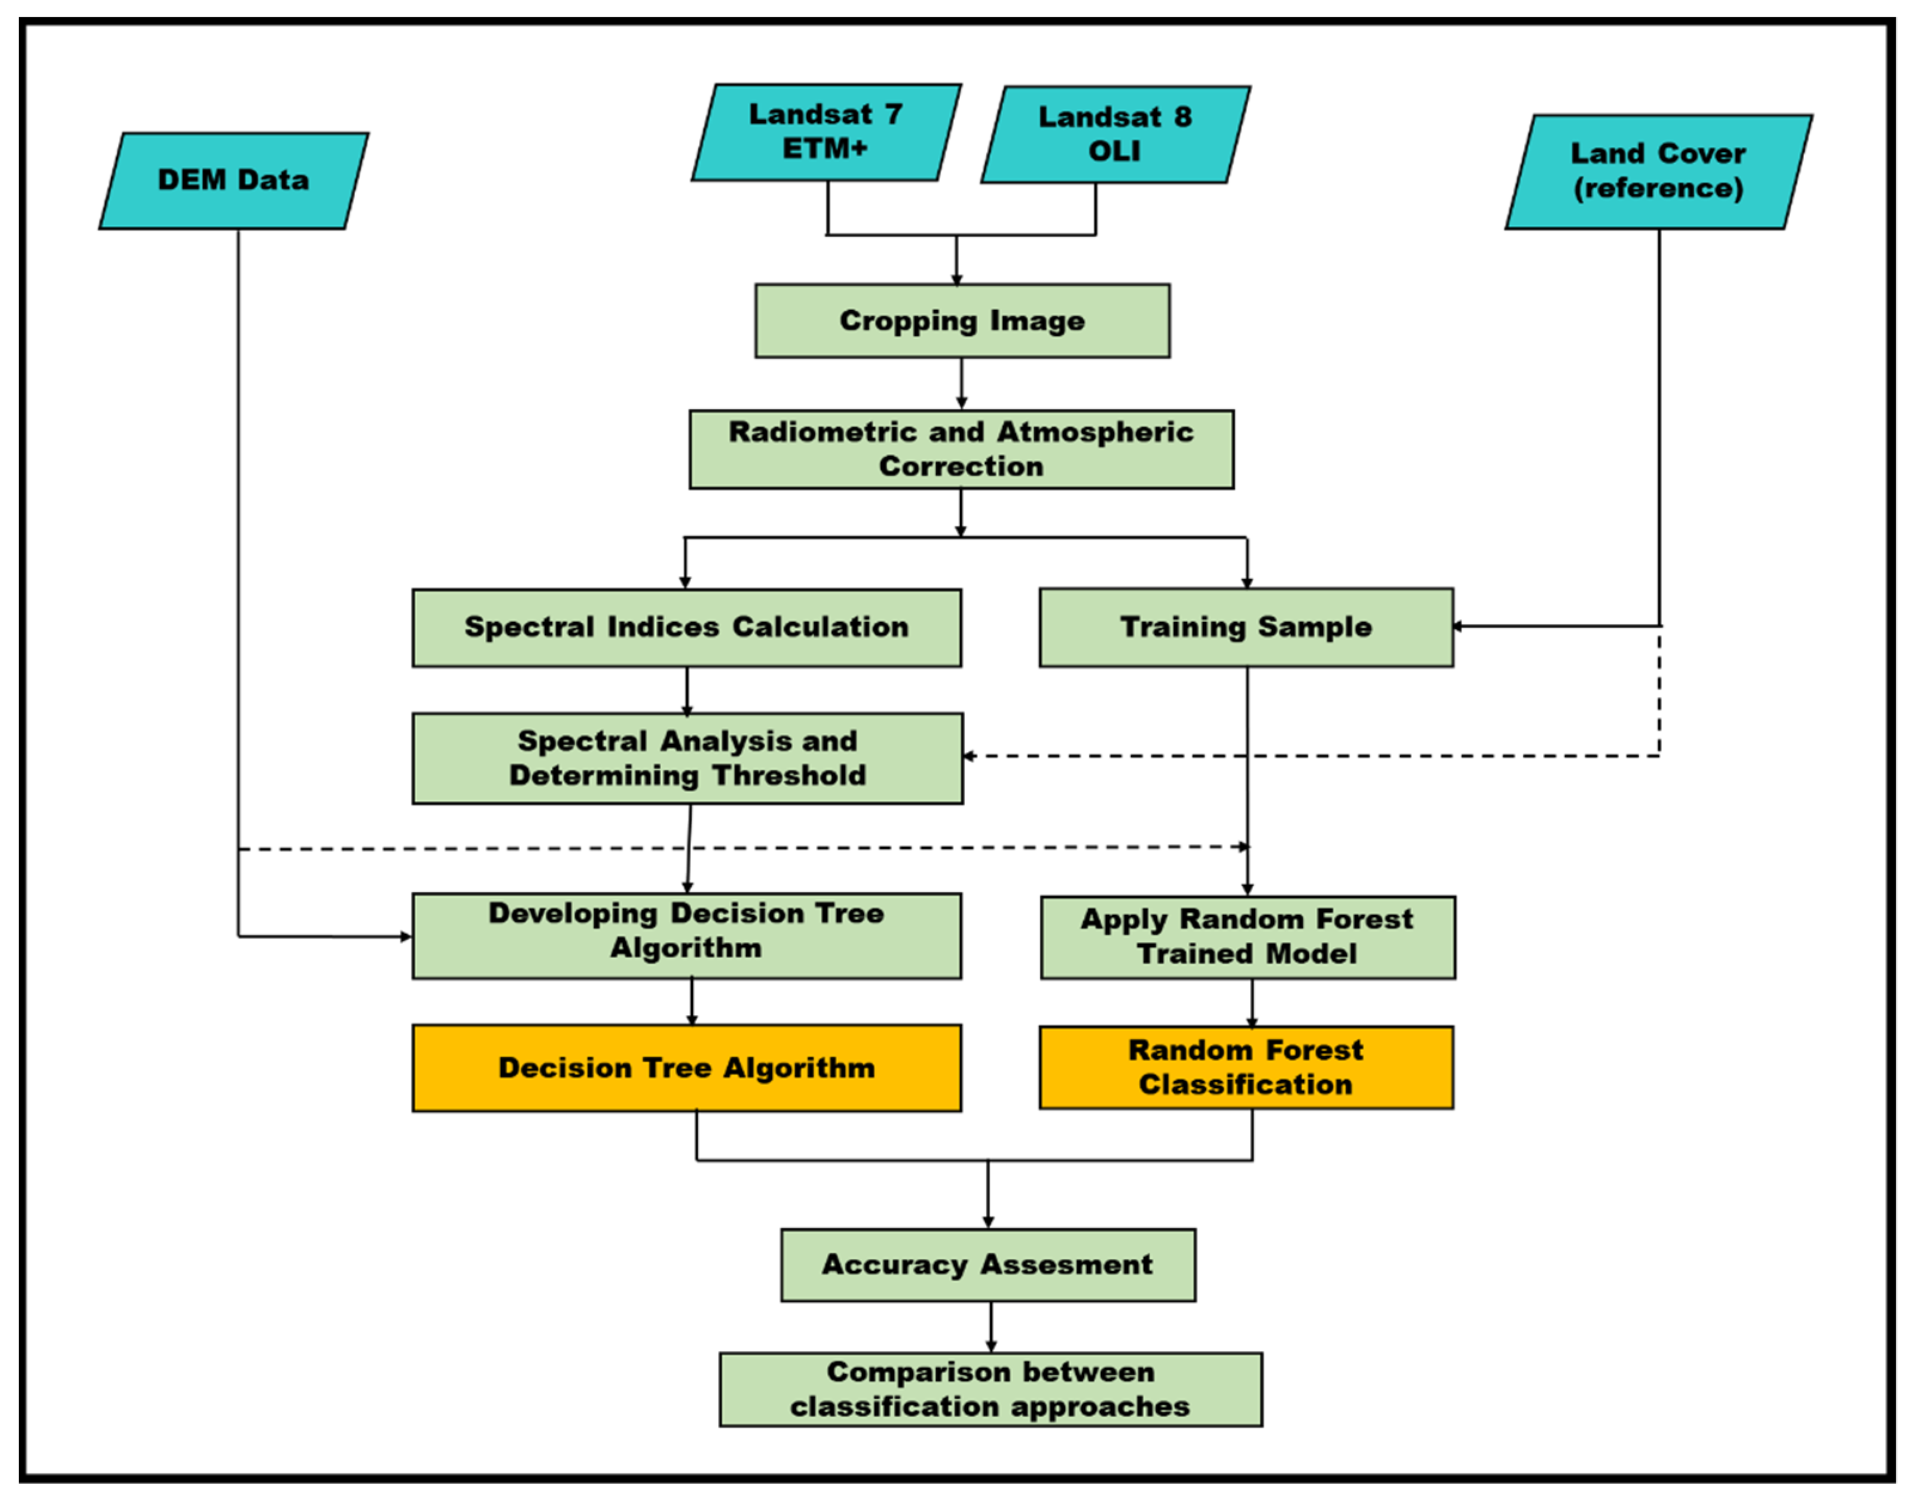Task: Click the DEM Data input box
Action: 233,181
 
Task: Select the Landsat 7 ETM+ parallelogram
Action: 825,132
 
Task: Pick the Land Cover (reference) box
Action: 1658,172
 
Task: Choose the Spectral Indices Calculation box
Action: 686,627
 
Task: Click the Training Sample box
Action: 1245,627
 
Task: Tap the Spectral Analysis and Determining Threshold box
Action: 687,758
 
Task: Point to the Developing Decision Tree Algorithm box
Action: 686,935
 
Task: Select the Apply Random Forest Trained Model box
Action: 1247,937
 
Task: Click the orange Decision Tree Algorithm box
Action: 686,1067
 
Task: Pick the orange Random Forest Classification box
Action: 1245,1067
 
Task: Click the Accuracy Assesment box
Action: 987,1265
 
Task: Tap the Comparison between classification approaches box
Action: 991,1390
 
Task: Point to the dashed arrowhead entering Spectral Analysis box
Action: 969,755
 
